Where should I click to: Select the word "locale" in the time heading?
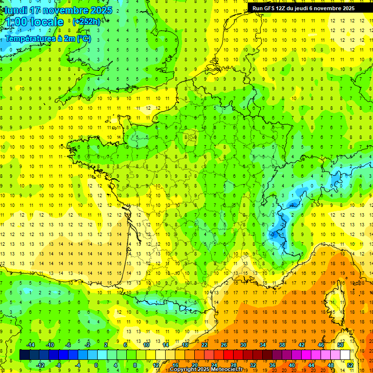46,22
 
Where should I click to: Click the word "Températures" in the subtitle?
30,39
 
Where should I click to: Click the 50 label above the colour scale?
340,345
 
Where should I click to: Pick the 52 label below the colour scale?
350,365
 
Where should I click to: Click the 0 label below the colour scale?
96,365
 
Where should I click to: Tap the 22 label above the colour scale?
204,345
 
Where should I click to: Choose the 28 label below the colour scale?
234,365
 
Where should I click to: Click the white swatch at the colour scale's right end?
345,355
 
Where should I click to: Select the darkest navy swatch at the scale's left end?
24,355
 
